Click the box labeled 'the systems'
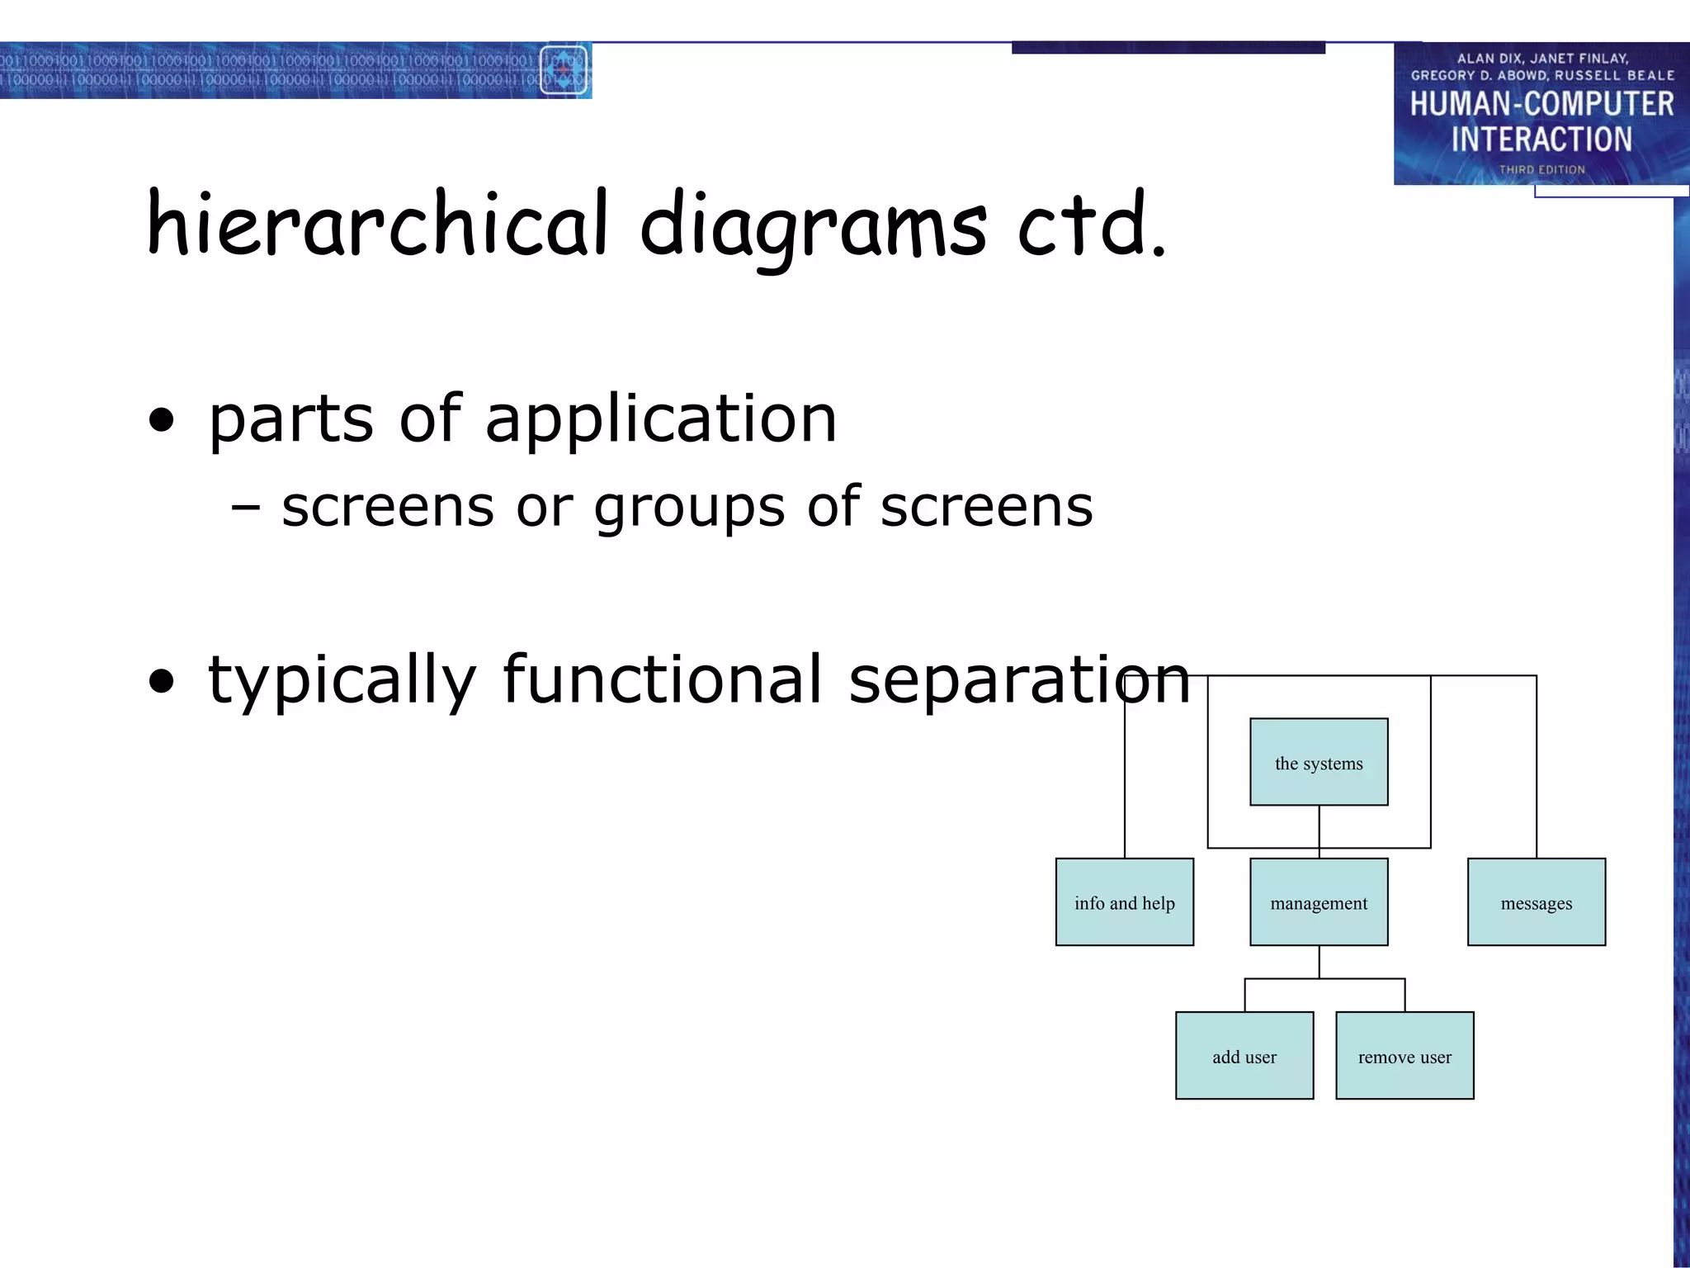click(x=1319, y=762)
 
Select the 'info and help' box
click(x=1124, y=902)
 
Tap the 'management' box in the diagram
click(x=1319, y=902)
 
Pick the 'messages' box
click(x=1536, y=902)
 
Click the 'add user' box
click(x=1244, y=1056)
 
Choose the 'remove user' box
click(x=1404, y=1056)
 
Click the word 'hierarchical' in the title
click(x=378, y=223)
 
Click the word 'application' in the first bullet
click(x=661, y=419)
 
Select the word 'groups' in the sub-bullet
click(x=689, y=507)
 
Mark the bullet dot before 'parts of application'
click(x=163, y=420)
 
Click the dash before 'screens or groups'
click(x=246, y=507)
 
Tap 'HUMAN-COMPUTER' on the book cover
click(x=1541, y=104)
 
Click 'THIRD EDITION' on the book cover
click(x=1541, y=169)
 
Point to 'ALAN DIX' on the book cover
click(x=1488, y=59)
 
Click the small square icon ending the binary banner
click(x=564, y=70)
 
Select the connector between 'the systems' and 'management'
click(x=1319, y=831)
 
